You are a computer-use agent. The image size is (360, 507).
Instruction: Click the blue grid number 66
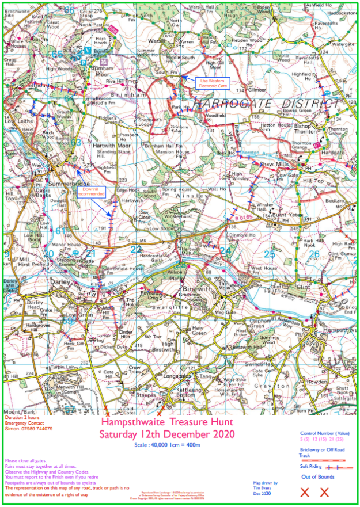pos(69,10)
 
